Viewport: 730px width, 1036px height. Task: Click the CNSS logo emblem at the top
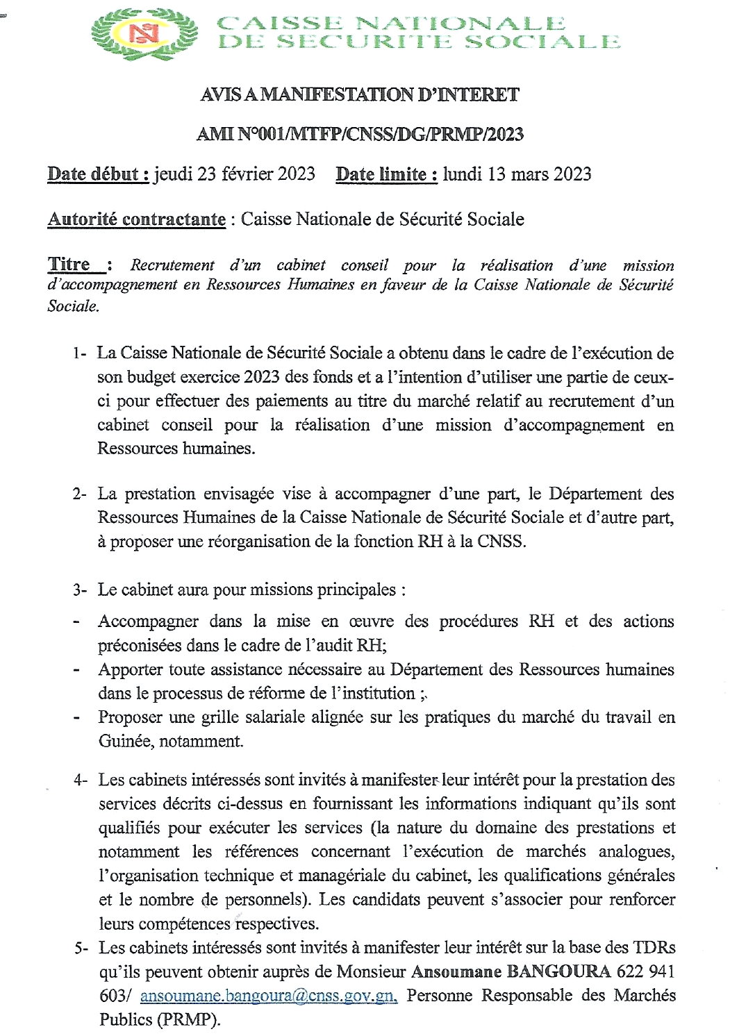coord(144,34)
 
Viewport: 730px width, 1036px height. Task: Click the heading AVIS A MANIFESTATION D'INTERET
coord(359,94)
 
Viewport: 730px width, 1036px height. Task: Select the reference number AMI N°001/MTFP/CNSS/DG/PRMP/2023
coord(359,134)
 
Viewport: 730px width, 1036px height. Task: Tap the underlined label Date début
coord(97,174)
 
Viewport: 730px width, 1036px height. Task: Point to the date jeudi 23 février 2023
coord(234,174)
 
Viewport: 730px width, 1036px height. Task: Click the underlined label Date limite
coord(386,174)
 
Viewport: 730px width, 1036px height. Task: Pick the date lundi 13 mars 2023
coord(517,174)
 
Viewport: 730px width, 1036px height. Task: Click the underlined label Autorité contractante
coord(136,219)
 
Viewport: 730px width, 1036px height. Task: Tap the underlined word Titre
coord(69,265)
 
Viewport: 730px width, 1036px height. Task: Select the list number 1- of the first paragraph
coord(79,353)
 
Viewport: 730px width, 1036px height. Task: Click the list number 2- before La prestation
coord(79,494)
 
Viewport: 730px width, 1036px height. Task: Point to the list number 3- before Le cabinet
coord(79,590)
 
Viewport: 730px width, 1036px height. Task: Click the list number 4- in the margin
coord(80,780)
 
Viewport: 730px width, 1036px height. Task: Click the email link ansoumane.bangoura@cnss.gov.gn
coord(268,996)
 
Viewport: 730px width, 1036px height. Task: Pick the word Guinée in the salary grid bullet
coord(126,742)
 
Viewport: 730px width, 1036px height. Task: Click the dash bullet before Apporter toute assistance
coord(77,670)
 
